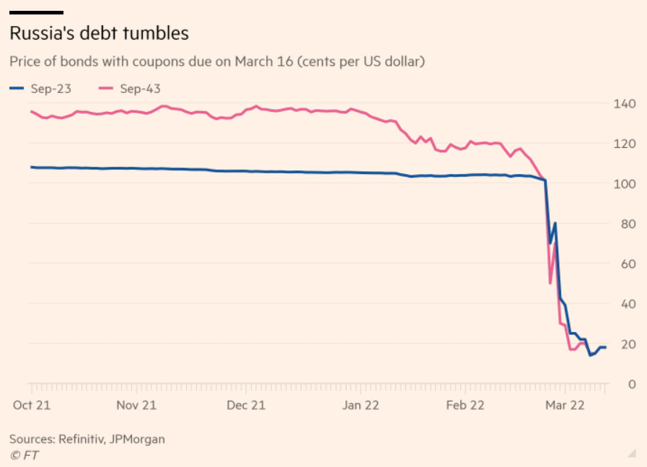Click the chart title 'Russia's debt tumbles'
(99, 33)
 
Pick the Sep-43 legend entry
(130, 89)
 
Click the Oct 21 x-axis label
(31, 405)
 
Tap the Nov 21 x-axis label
(136, 405)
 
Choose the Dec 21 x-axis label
(246, 405)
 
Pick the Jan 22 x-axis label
(360, 405)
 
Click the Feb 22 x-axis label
(465, 405)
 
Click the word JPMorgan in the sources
(138, 439)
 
